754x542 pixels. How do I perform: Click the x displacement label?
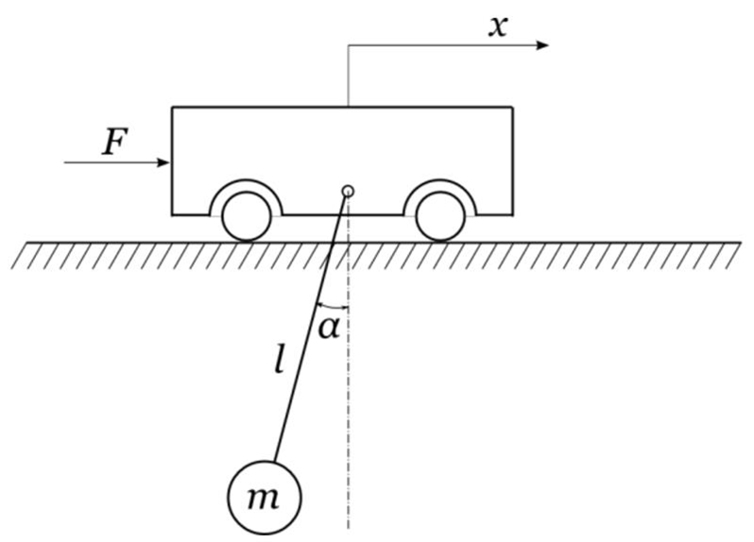click(x=497, y=25)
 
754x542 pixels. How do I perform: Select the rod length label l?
click(x=279, y=360)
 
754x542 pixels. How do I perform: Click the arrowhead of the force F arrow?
click(x=164, y=162)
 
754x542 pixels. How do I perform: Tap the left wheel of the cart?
click(x=248, y=216)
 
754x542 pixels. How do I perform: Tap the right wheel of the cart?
click(x=440, y=216)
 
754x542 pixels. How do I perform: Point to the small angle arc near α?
click(x=334, y=305)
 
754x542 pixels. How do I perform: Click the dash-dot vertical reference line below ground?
click(x=349, y=425)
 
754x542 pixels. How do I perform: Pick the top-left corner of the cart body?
click(x=172, y=108)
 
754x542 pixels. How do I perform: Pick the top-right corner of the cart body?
click(x=513, y=108)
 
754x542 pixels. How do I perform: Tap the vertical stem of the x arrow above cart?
click(x=349, y=76)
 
